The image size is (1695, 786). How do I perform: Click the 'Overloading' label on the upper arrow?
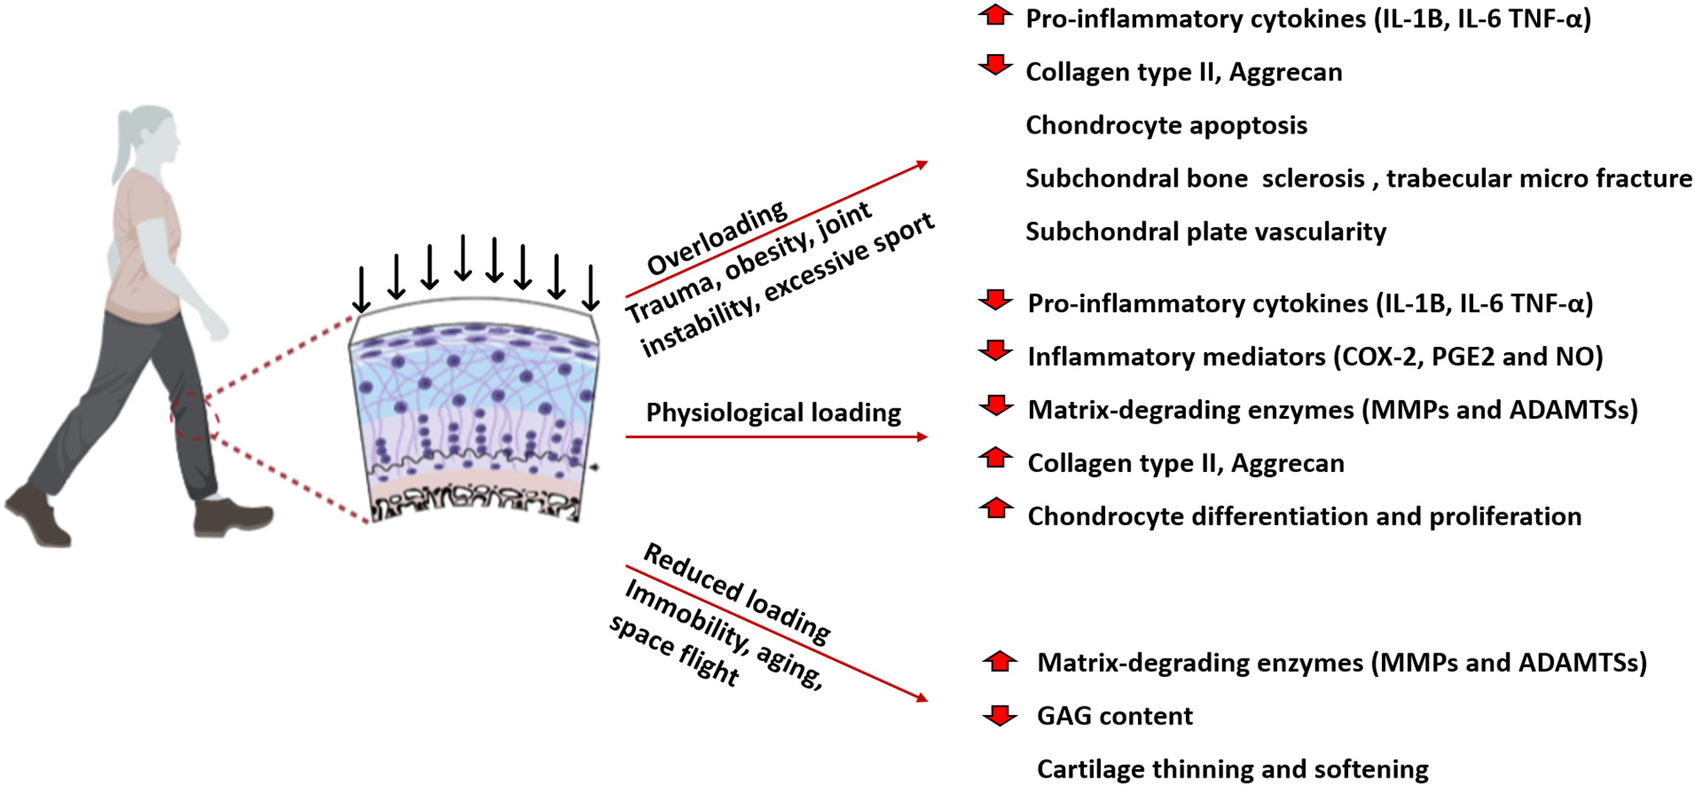tap(718, 239)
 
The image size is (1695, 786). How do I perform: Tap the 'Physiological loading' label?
tap(773, 413)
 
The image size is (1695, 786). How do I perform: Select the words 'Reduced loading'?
tap(737, 592)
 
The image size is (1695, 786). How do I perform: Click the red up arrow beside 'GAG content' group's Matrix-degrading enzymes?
tap(1000, 661)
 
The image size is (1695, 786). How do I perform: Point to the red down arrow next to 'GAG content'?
tap(1000, 715)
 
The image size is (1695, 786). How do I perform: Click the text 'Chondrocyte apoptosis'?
tap(1166, 126)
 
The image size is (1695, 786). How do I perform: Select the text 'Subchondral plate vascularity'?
tap(1205, 232)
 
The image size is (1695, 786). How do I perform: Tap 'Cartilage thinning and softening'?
tap(1232, 769)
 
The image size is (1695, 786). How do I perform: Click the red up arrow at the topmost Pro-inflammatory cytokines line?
tap(996, 15)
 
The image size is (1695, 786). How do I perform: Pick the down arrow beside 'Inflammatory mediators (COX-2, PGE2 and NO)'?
tap(996, 351)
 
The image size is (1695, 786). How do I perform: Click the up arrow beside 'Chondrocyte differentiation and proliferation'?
tap(996, 507)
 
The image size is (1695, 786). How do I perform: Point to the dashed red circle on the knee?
tap(195, 416)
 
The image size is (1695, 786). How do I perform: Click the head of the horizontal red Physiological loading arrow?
tap(922, 436)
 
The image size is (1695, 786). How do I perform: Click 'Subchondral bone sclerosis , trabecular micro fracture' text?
tap(1357, 179)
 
